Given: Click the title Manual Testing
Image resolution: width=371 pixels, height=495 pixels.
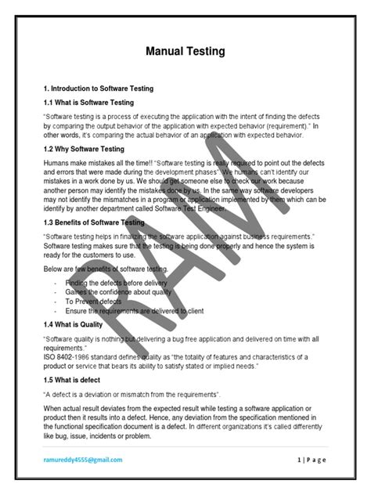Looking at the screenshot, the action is (x=185, y=52).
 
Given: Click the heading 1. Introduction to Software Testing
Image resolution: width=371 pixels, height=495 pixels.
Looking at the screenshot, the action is (x=99, y=89).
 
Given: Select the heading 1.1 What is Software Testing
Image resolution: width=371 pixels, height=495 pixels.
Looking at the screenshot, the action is (x=89, y=103).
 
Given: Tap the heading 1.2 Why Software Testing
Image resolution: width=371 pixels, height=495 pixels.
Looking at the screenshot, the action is (x=85, y=149).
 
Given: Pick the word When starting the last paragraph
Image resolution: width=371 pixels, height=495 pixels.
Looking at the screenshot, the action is (x=54, y=409).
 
